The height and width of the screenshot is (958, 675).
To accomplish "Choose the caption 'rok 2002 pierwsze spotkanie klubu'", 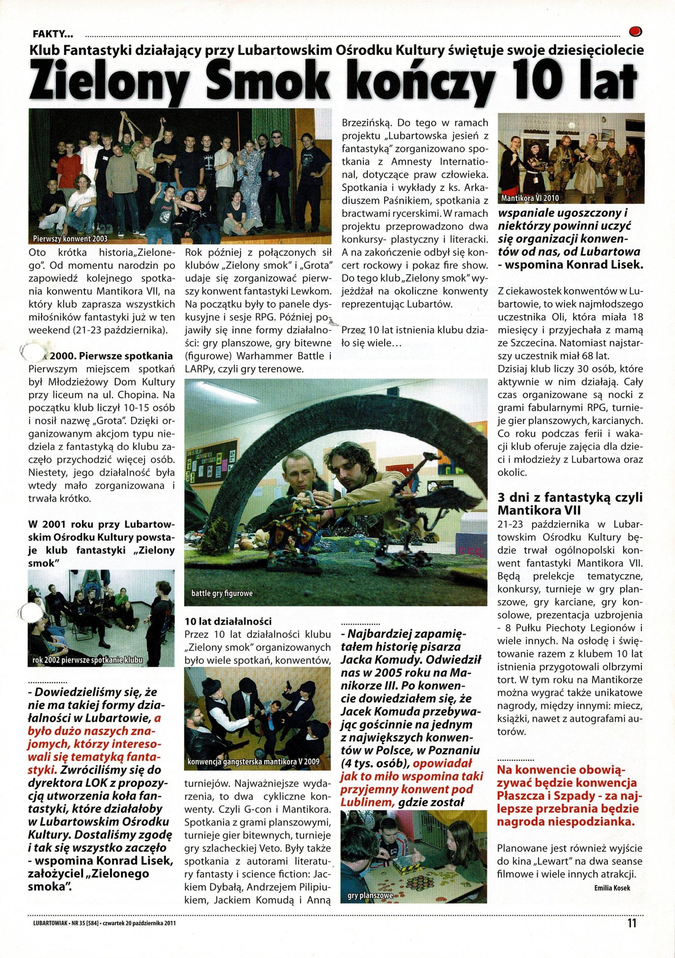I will [87, 659].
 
